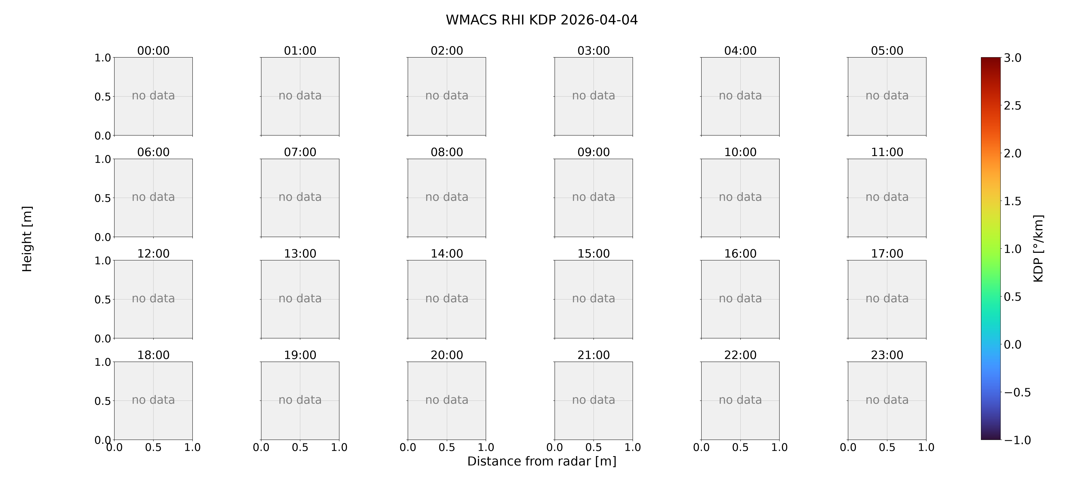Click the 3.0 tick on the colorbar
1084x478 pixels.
click(1012, 58)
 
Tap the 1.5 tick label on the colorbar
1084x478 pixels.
click(1012, 201)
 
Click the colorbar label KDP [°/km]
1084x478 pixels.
click(1039, 249)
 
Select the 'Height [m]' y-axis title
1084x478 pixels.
click(27, 239)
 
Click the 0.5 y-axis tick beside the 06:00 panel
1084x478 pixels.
click(103, 198)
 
